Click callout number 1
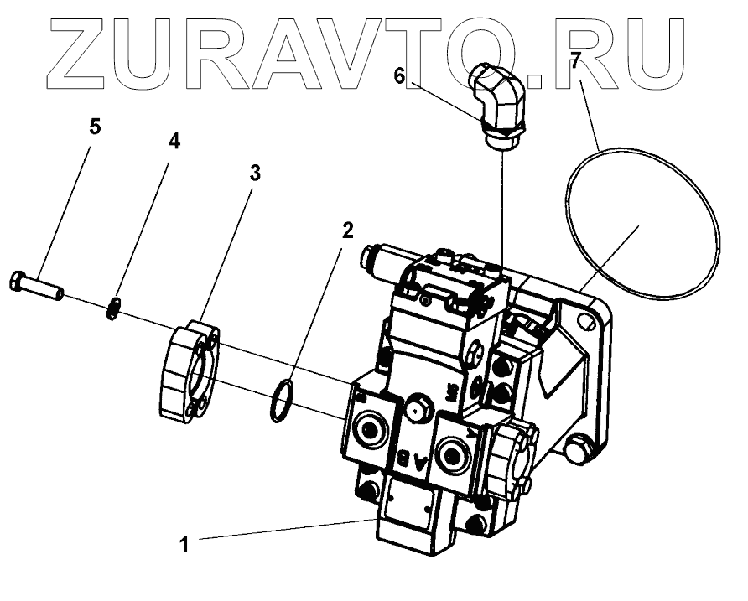pyautogui.click(x=184, y=544)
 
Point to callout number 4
pyautogui.click(x=174, y=142)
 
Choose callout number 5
pyautogui.click(x=95, y=127)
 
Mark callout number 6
pyautogui.click(x=399, y=75)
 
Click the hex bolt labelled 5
pyautogui.click(x=38, y=285)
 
